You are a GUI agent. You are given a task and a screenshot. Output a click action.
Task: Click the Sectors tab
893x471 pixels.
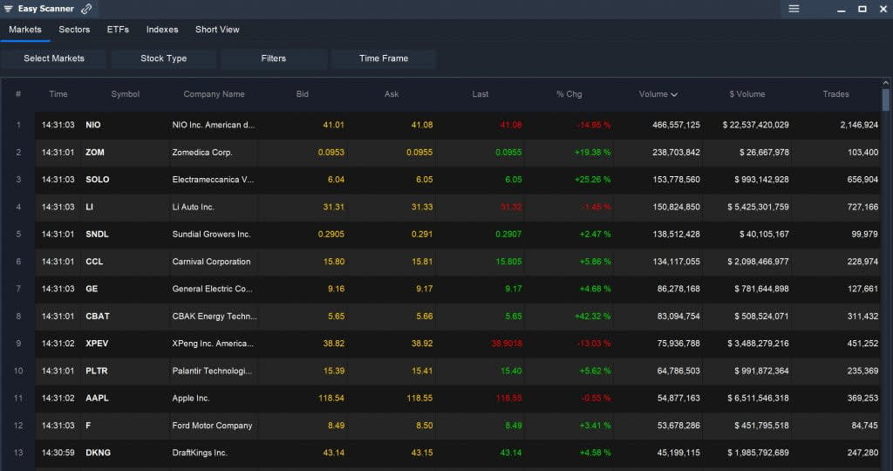tap(74, 30)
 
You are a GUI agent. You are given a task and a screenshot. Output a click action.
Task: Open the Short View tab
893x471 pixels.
tap(217, 30)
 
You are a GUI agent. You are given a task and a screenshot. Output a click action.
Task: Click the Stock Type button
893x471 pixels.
tap(164, 58)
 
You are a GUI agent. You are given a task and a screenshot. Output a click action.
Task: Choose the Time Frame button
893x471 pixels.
tap(383, 58)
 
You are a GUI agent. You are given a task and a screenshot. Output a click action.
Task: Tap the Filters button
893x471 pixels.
tap(274, 58)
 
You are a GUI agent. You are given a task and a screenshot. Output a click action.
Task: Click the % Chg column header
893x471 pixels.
tap(569, 94)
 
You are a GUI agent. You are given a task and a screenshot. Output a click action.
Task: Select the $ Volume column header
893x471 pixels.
tap(746, 94)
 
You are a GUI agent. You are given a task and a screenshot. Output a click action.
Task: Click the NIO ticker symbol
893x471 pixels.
tap(93, 125)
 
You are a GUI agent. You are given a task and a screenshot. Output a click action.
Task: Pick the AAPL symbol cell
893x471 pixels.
tap(98, 399)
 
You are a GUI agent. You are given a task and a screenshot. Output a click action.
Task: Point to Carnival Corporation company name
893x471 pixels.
tap(211, 262)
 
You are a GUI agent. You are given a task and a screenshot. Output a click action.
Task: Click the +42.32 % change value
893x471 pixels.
tap(593, 317)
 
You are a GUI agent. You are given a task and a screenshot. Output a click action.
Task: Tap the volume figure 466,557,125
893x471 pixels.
tap(676, 125)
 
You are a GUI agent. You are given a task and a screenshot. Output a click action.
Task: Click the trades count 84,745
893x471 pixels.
tap(860, 426)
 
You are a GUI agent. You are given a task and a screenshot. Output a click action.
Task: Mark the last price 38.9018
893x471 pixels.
tap(507, 344)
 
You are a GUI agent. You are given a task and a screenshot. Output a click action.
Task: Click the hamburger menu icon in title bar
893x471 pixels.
tap(794, 9)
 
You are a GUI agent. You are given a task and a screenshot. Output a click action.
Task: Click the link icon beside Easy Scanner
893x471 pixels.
tap(86, 9)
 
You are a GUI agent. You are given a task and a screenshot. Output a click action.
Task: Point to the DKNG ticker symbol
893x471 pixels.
tap(99, 453)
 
